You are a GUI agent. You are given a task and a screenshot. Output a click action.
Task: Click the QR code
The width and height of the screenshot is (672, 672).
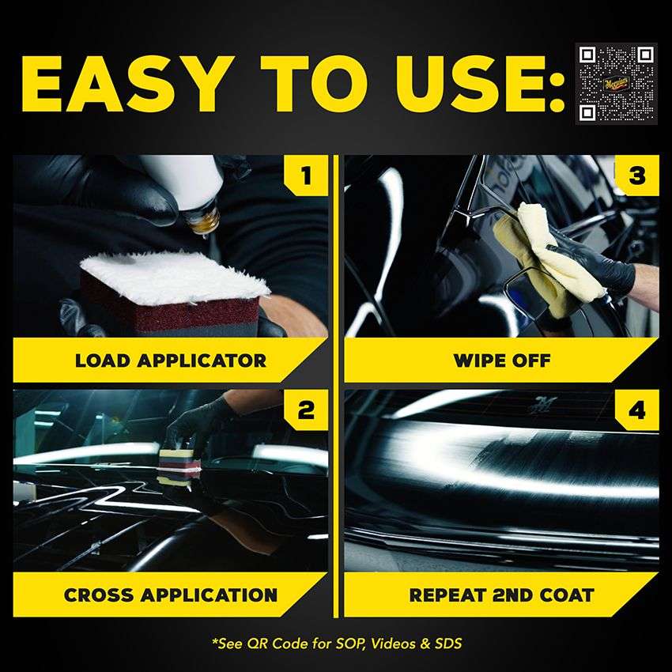[x=616, y=83]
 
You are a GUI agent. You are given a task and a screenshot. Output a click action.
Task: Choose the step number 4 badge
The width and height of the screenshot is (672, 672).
[x=636, y=410]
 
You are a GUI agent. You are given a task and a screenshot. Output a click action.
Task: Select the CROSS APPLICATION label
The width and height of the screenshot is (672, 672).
[x=171, y=595]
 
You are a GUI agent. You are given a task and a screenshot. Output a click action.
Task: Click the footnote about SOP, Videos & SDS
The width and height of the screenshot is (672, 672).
[x=336, y=643]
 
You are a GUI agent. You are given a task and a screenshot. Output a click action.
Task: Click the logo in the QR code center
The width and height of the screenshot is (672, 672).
[x=616, y=83]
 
